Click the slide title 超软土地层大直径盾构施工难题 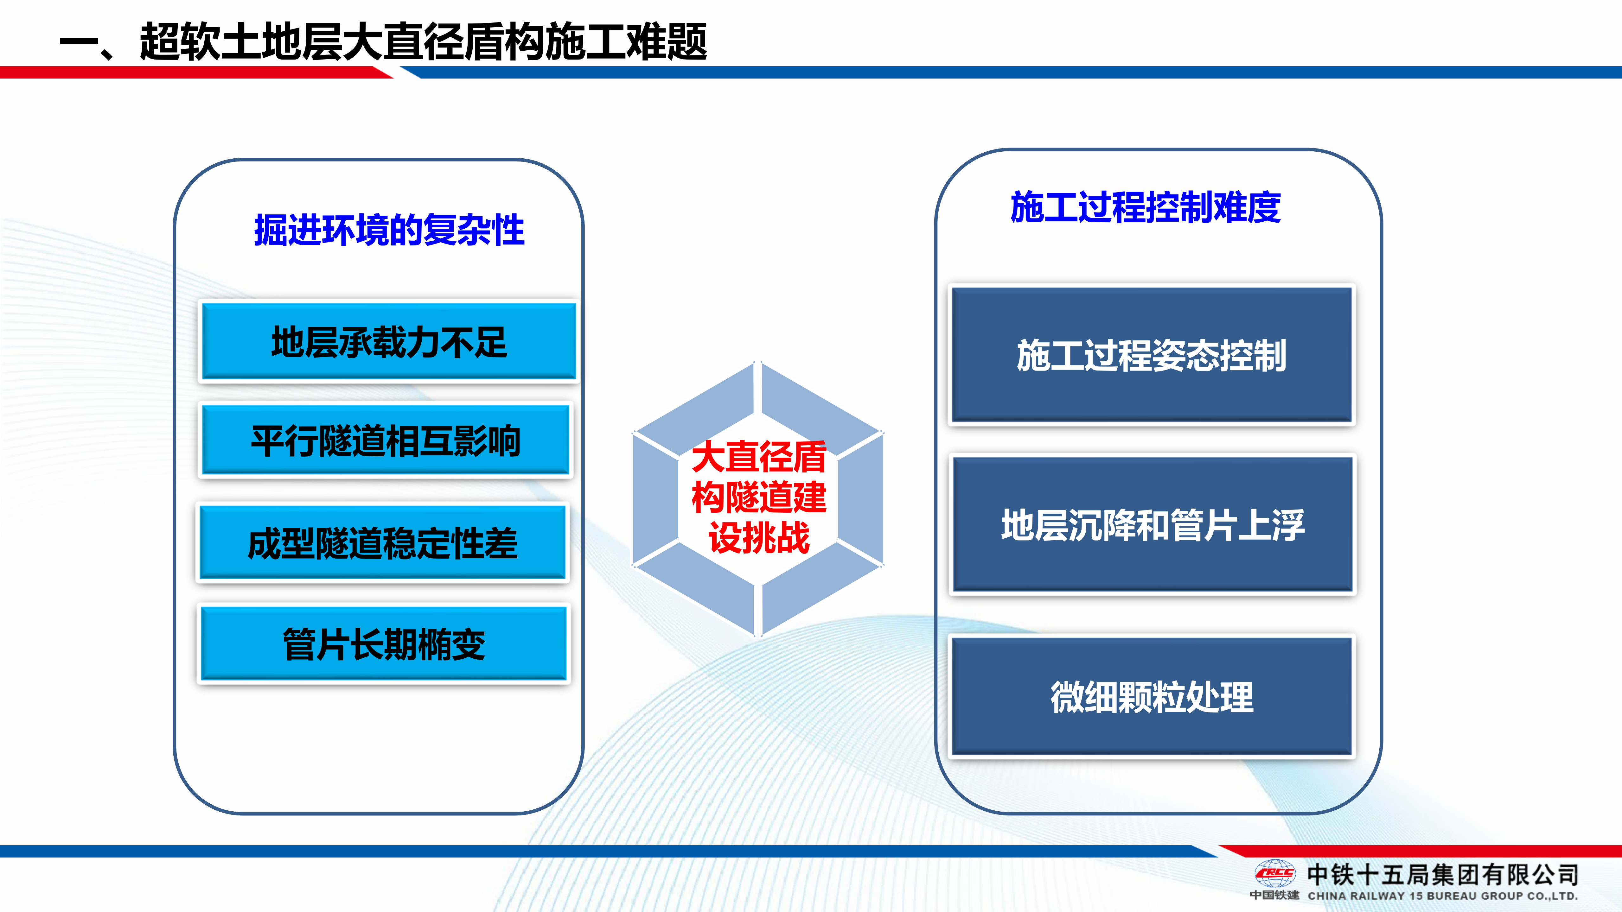tap(423, 41)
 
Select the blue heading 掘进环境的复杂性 tap(389, 230)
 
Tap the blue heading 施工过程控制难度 tap(1145, 207)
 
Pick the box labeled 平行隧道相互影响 tap(385, 440)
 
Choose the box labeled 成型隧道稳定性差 tap(383, 542)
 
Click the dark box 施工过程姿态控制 tap(1152, 355)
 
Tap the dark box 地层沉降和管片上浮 tap(1153, 524)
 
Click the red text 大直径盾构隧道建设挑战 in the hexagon tap(759, 497)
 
